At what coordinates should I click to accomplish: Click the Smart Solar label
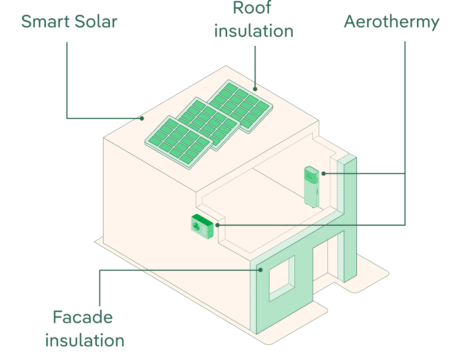69,22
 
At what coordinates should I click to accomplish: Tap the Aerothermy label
392,22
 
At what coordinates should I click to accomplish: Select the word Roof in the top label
252,8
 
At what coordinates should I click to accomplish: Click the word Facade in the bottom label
82,317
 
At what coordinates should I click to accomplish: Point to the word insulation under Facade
85,341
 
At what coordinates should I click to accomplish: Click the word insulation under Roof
254,31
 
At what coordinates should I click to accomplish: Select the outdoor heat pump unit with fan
202,226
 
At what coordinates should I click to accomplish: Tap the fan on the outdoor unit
196,225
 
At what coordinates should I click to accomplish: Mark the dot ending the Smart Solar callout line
142,118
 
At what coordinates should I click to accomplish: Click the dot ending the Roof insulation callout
256,89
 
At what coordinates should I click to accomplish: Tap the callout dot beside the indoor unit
323,174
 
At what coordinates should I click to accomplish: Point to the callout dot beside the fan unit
218,225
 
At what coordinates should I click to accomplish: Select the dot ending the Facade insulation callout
260,270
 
